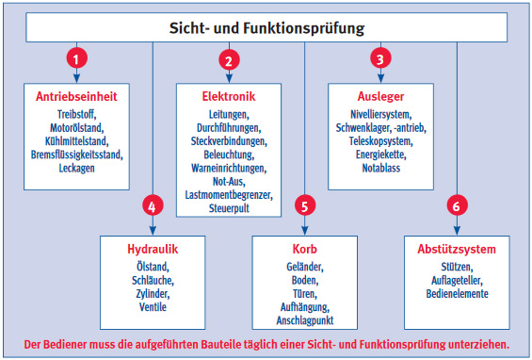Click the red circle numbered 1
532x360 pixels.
[76, 56]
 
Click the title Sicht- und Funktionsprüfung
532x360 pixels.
[266, 27]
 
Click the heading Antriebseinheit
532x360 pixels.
[76, 96]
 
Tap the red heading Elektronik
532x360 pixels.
[228, 96]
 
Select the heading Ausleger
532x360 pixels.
[379, 96]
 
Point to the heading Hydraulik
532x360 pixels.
[152, 250]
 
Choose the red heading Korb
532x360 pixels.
[304, 250]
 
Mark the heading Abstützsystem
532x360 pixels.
[456, 250]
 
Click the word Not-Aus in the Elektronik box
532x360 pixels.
[228, 181]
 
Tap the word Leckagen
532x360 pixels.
[76, 167]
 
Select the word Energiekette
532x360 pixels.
[379, 154]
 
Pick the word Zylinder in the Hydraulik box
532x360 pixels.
[152, 294]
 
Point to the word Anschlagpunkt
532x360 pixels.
[304, 321]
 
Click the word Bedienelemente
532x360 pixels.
[456, 294]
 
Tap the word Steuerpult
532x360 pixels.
[228, 207]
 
